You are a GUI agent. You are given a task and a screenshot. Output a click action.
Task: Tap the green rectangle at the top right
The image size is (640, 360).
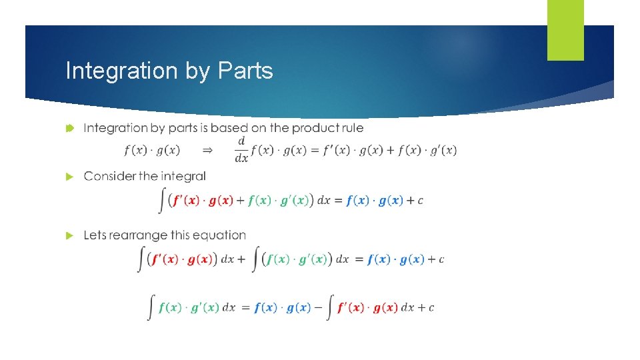(565, 29)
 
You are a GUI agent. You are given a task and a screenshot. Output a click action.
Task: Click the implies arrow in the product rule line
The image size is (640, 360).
(207, 151)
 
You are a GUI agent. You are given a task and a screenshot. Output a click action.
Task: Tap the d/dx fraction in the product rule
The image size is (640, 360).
(241, 150)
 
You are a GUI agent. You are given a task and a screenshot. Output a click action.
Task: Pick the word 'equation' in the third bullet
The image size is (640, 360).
(221, 235)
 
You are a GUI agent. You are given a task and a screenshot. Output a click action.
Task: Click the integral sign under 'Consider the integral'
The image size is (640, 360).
(163, 200)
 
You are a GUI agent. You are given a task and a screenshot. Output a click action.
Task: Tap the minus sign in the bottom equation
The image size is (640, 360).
(318, 307)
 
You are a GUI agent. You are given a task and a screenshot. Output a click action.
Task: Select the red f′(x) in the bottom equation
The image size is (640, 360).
(350, 307)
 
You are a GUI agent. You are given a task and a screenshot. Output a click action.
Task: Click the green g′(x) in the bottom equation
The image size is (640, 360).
(205, 307)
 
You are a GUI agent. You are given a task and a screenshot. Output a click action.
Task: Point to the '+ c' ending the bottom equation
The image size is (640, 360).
(426, 307)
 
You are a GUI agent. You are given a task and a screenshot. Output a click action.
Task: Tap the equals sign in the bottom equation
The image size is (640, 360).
(245, 307)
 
